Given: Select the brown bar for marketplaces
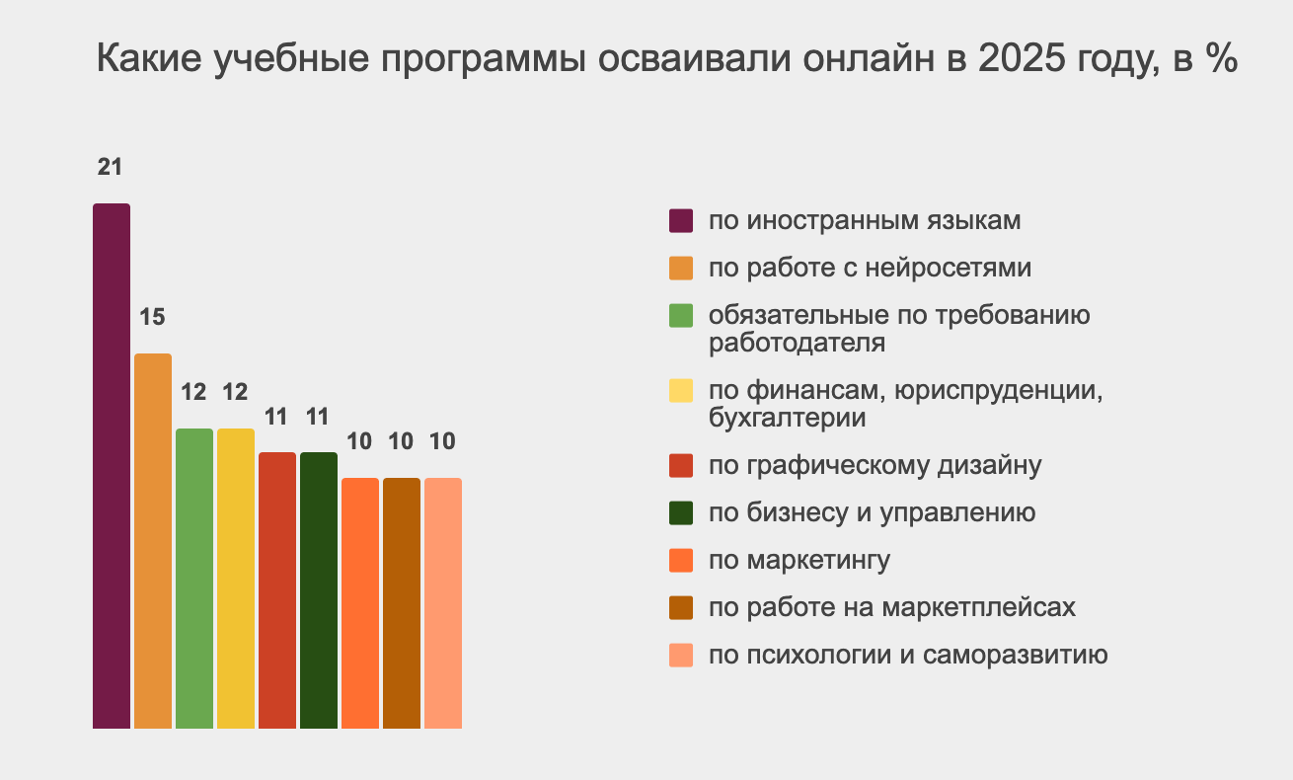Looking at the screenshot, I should [402, 603].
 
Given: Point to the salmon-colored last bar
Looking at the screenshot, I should [443, 603].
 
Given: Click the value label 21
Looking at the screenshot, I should [110, 167].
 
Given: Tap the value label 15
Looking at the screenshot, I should [152, 318].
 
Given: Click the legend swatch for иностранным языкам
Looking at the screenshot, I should [681, 220].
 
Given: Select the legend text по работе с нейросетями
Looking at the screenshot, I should [870, 268].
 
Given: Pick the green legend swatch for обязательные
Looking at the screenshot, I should [681, 316].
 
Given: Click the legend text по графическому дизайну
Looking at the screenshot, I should [875, 465].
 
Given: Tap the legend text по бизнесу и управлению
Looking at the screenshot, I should [872, 512].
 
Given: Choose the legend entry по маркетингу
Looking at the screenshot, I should [799, 561].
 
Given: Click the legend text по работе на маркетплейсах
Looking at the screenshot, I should [891, 607].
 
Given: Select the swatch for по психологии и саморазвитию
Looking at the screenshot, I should [681, 655].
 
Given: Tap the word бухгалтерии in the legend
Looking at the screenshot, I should [788, 418].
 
